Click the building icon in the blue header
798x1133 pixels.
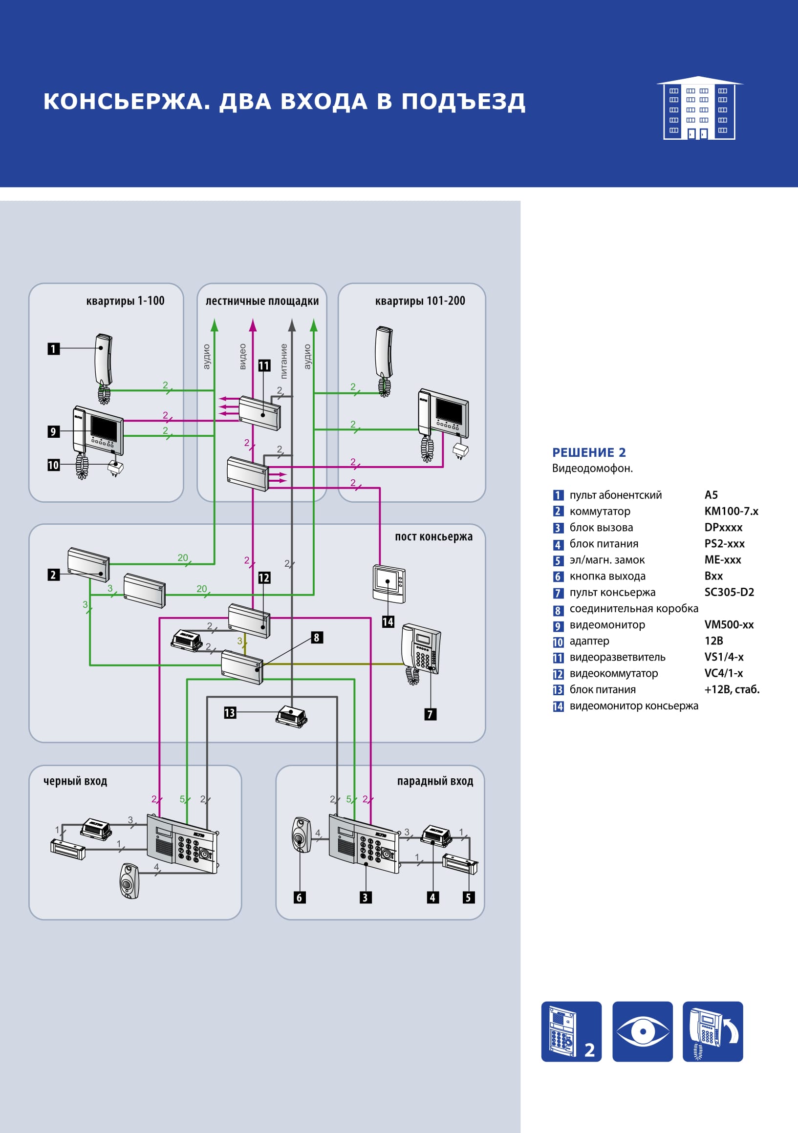click(x=699, y=108)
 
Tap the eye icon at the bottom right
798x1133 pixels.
click(x=643, y=1031)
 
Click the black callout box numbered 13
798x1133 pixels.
click(x=230, y=712)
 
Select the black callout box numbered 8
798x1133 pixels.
click(x=317, y=637)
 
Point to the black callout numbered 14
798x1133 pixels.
click(x=388, y=622)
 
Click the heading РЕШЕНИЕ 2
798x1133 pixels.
click(x=589, y=452)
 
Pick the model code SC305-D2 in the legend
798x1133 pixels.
click(x=729, y=592)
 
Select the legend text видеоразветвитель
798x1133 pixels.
click(x=617, y=657)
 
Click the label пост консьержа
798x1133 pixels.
click(x=434, y=536)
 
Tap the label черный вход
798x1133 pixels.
click(x=76, y=781)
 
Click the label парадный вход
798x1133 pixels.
click(x=435, y=781)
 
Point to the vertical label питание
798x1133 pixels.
click(x=284, y=361)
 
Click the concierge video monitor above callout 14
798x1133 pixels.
click(x=389, y=584)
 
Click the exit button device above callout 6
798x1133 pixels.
click(x=302, y=835)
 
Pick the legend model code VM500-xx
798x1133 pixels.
click(x=729, y=625)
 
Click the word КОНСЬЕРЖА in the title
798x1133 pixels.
click(x=127, y=102)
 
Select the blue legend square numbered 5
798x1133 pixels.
click(x=558, y=560)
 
